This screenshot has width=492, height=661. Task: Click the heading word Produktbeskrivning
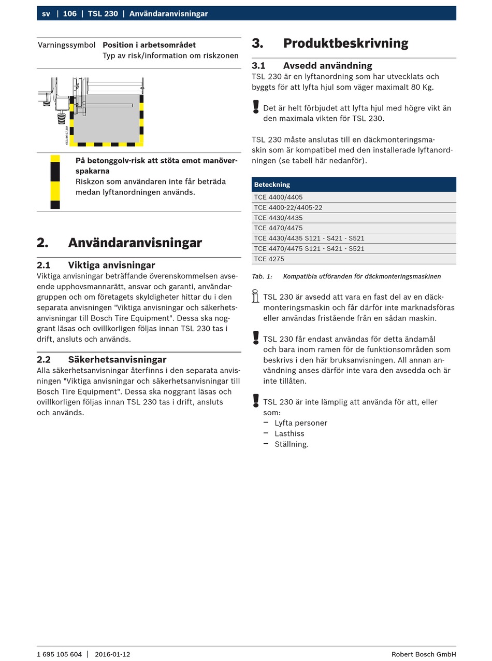tap(345, 44)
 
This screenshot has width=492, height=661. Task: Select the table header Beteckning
tap(272, 185)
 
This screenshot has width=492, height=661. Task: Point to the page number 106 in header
tap(70, 13)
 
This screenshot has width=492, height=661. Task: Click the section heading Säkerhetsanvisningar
tap(117, 360)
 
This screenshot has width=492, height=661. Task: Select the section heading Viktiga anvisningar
tap(111, 265)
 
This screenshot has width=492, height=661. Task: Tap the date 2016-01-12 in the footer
tap(112, 654)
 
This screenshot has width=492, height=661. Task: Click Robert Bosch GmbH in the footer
tap(424, 654)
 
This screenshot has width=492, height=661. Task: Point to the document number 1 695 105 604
tap(59, 654)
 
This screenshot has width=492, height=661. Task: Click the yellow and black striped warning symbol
tap(55, 182)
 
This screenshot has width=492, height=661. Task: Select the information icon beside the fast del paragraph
tap(255, 297)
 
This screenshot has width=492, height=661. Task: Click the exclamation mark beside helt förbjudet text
tap(256, 107)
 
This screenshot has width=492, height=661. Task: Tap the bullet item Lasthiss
tap(290, 434)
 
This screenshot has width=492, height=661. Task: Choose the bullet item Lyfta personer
tap(301, 423)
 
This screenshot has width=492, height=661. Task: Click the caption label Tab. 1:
tap(262, 277)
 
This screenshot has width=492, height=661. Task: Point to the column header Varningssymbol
tap(66, 45)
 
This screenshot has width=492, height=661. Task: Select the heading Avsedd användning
tap(327, 66)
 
